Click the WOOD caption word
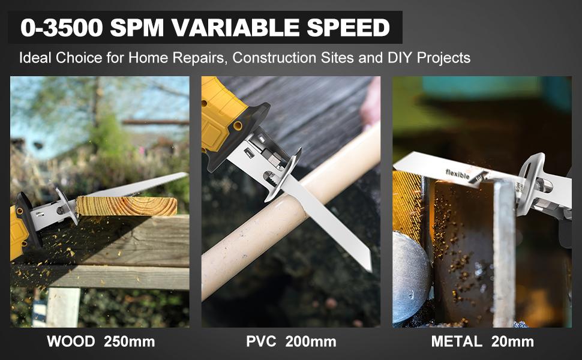pyautogui.click(x=71, y=342)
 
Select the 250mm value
pyautogui.click(x=130, y=342)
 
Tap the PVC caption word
pyautogui.click(x=260, y=342)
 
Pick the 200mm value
pyautogui.click(x=310, y=342)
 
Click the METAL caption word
pyautogui.click(x=457, y=342)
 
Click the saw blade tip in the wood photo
pyautogui.click(x=185, y=175)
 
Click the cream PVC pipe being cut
pyautogui.click(x=336, y=180)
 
